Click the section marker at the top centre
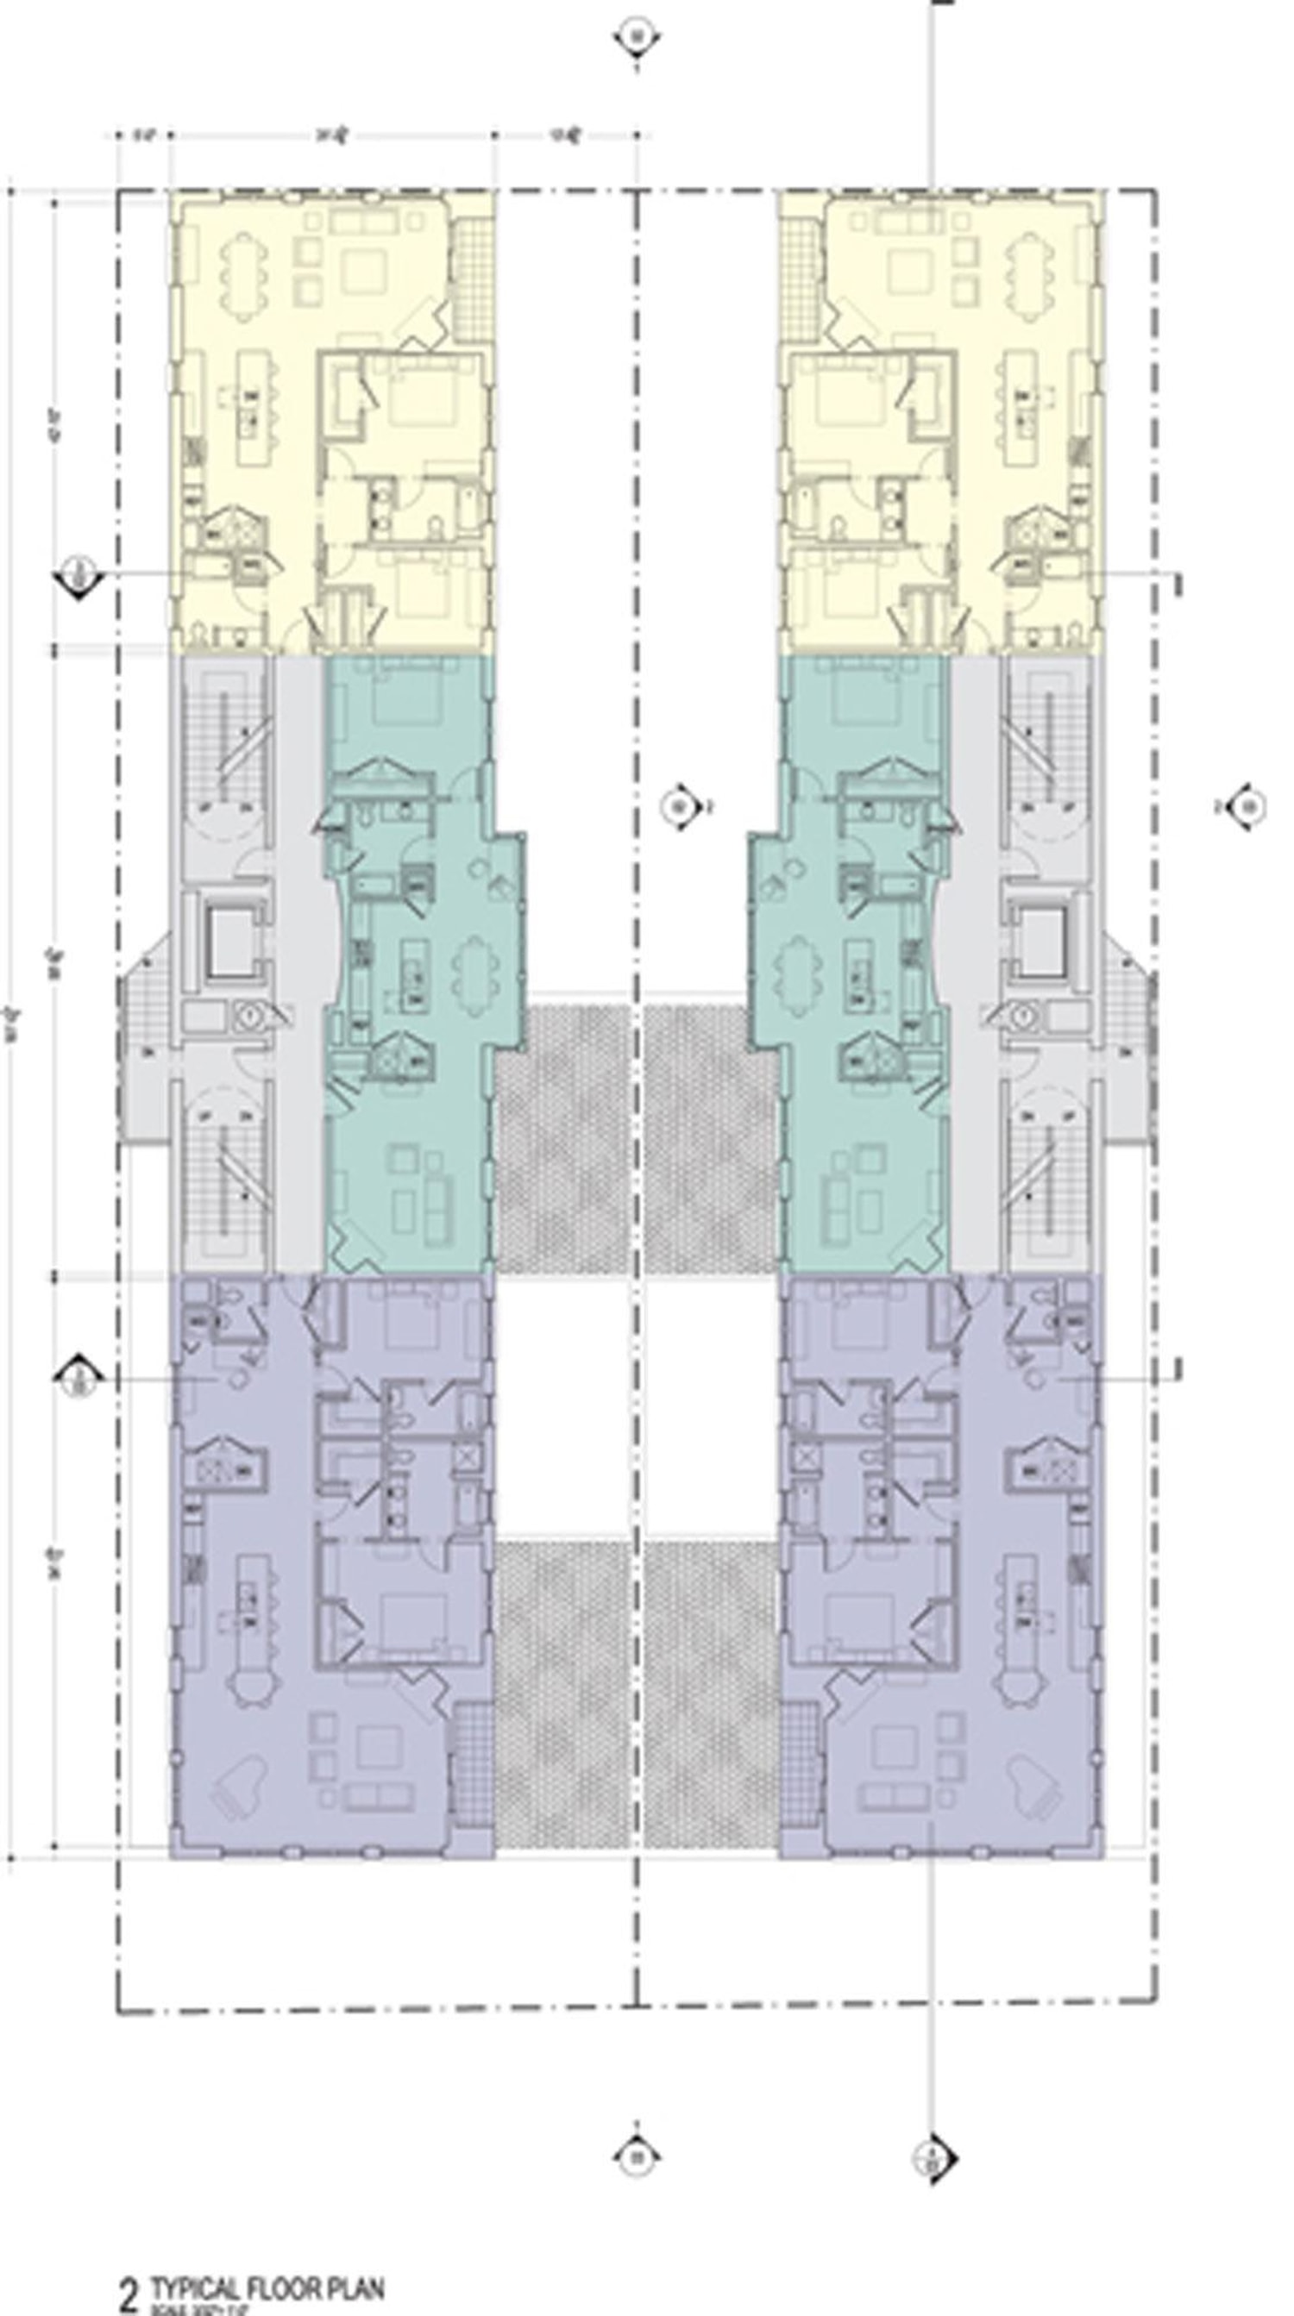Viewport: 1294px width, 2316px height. (638, 39)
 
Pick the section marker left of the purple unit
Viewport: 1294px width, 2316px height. (79, 1378)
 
